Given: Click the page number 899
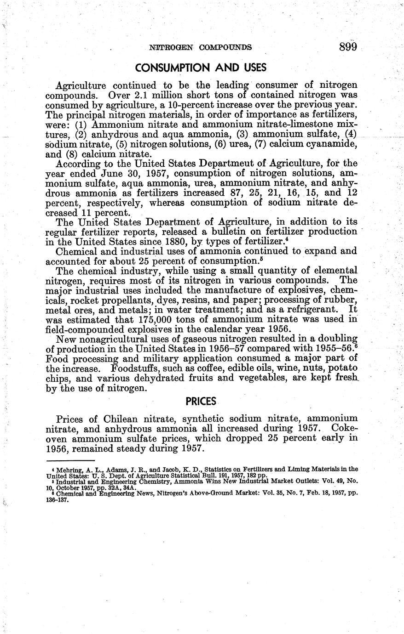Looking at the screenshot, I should (348, 47).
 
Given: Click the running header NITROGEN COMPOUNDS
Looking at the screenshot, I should (201, 47).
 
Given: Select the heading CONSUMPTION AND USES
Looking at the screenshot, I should (201, 68).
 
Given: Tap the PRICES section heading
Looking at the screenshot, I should (201, 401).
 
